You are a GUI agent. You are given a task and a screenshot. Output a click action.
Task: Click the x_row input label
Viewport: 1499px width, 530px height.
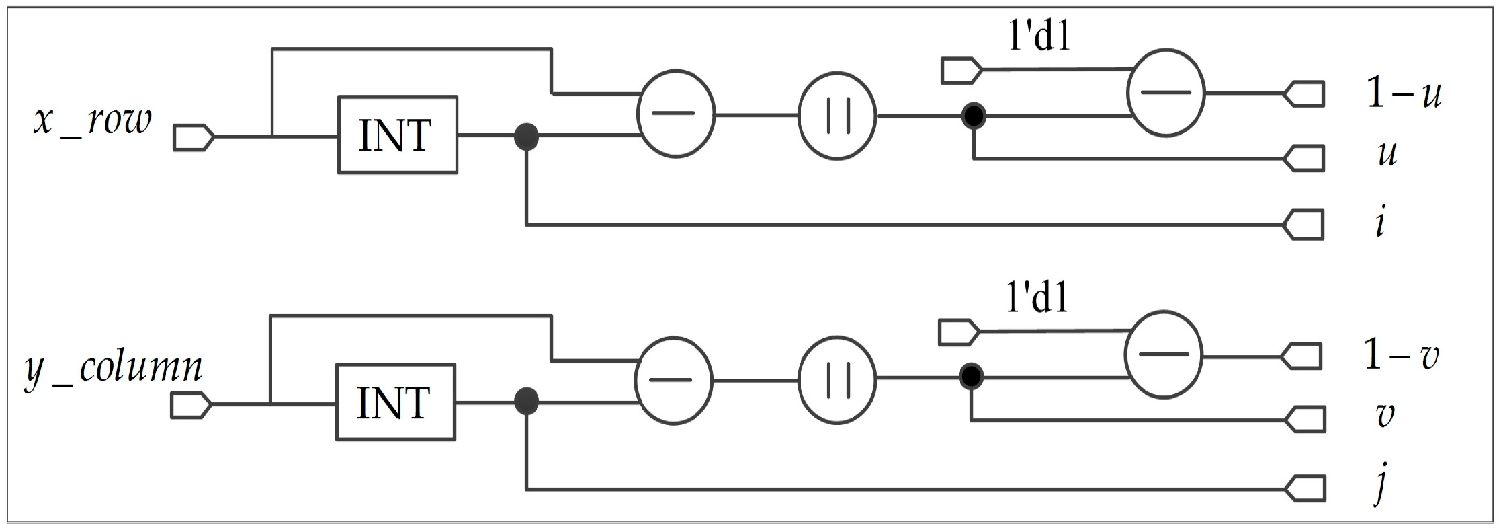93,122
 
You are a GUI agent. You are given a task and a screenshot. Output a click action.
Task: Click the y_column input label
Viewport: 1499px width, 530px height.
113,369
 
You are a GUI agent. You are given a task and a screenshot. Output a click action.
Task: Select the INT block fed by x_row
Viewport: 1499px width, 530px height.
397,135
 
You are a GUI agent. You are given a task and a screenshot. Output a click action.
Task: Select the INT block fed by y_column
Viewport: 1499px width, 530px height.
395,402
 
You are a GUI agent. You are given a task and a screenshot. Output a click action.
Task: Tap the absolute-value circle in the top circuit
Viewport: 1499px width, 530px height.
837,116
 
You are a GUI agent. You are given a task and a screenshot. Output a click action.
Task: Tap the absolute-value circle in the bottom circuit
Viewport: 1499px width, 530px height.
837,380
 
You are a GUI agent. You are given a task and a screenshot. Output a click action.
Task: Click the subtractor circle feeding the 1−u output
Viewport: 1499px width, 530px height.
1166,93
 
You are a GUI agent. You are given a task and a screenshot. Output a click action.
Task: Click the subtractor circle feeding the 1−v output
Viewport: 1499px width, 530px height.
1164,354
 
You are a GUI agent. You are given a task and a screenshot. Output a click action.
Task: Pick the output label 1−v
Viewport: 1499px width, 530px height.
1401,355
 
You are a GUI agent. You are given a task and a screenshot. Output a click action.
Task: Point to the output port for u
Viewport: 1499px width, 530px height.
1304,159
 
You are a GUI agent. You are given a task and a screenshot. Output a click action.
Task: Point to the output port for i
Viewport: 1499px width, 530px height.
1304,225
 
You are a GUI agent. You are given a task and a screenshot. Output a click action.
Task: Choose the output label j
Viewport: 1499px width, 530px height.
1380,486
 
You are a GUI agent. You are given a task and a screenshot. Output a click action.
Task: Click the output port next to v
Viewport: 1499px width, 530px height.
1304,420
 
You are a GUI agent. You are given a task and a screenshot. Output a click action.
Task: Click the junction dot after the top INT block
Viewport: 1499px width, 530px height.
526,137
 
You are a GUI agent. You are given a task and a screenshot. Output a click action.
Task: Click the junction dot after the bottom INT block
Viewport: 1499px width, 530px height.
526,402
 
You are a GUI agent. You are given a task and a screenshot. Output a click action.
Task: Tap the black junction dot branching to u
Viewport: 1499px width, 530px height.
973,116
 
